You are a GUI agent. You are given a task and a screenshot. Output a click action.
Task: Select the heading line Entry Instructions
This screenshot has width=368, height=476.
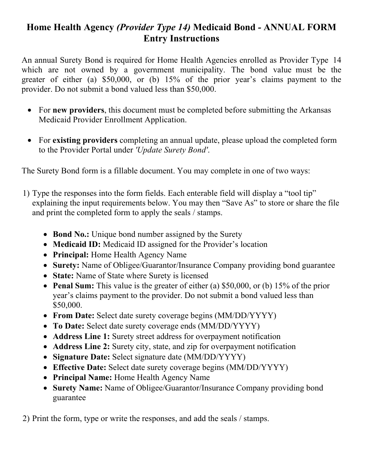point(181,39)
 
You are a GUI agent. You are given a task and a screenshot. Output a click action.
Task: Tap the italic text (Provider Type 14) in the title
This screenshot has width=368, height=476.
point(153,27)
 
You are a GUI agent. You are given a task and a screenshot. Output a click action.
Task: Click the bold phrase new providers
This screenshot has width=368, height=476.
point(79,110)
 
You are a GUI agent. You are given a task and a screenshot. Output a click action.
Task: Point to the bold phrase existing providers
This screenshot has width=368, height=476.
point(85,140)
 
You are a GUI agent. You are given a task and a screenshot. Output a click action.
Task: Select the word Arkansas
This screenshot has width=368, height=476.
point(315,110)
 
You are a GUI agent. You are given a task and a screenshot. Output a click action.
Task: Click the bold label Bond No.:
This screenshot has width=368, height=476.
point(71,234)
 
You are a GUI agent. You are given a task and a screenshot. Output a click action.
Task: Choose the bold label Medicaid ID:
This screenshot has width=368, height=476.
point(77,245)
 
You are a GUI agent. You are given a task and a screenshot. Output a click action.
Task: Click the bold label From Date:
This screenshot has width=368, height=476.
point(74,316)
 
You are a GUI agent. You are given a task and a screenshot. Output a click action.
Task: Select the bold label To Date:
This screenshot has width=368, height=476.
point(69,326)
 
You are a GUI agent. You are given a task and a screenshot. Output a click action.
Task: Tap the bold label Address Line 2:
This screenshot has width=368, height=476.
point(81,346)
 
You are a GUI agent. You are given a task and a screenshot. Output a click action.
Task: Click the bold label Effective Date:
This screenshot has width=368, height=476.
point(80,367)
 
